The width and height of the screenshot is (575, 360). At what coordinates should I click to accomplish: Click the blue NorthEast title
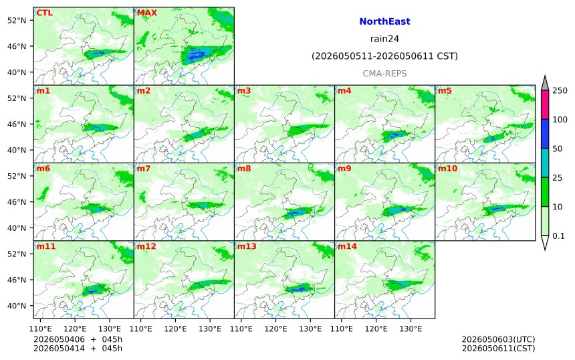(384, 21)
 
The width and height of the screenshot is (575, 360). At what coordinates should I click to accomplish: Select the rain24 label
(384, 39)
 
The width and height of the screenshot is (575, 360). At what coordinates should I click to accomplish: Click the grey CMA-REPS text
(384, 74)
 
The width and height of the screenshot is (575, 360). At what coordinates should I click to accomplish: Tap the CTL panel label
(44, 13)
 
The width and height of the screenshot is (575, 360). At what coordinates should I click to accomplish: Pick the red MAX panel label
(146, 13)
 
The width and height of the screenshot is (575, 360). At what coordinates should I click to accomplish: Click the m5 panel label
(445, 90)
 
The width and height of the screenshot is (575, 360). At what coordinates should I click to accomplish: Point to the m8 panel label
(244, 169)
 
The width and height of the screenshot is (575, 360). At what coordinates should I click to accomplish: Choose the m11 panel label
(46, 246)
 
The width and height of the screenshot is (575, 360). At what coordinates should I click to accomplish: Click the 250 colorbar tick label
(560, 90)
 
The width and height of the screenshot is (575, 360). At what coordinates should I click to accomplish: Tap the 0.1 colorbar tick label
(558, 236)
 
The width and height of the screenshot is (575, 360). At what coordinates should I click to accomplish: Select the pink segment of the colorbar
(545, 104)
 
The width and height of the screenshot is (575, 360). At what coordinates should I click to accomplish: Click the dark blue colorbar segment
(545, 134)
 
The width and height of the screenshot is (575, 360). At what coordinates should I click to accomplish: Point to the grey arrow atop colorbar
(545, 83)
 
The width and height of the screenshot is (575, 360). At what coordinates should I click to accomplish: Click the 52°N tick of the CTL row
(17, 20)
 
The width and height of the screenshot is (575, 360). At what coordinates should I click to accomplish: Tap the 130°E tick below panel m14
(411, 329)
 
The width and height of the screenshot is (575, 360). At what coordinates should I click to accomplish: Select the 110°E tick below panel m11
(40, 329)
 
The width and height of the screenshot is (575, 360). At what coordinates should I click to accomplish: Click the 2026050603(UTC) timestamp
(498, 339)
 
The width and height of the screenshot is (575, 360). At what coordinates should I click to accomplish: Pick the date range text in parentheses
(384, 56)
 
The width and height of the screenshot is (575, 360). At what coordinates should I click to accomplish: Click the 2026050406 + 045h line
(78, 339)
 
